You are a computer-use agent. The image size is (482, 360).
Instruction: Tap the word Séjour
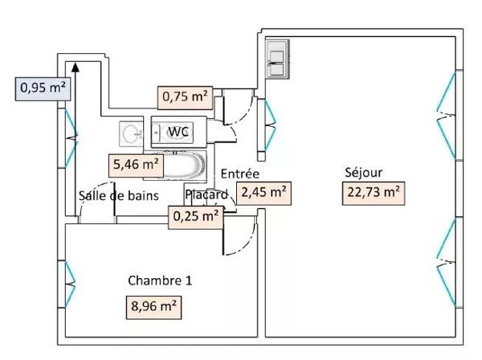coord(363,172)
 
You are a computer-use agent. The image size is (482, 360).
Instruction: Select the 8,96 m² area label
coord(151,306)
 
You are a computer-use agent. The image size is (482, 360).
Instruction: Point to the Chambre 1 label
coord(160,280)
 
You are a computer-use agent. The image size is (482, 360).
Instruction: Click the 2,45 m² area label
coord(263,192)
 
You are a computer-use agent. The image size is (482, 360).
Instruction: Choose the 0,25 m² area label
coord(195,215)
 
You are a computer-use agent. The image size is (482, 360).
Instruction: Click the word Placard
coord(206,195)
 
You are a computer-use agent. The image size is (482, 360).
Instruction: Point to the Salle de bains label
coord(118,195)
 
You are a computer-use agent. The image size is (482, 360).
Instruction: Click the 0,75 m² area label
coord(185,97)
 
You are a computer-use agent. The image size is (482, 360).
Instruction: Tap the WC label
coord(178,132)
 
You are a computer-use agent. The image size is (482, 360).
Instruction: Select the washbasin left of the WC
coord(130,133)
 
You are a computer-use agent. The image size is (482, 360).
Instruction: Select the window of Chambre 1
coord(71,277)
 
